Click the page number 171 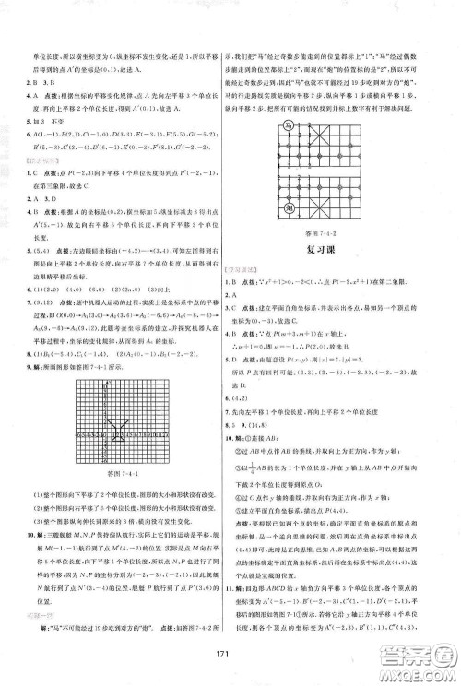230,668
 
